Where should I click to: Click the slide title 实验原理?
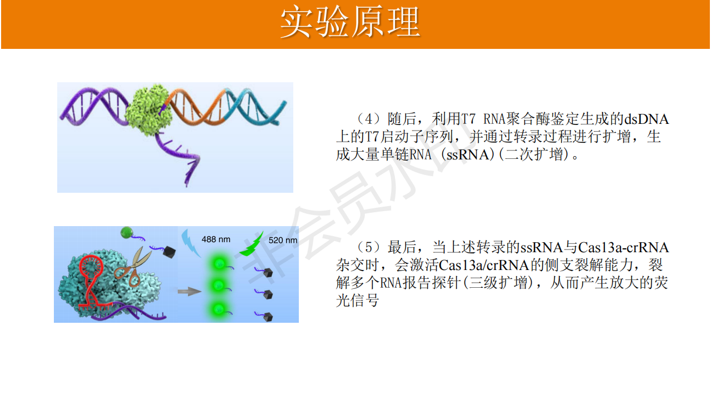tap(351, 22)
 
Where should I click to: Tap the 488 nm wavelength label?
tap(216, 239)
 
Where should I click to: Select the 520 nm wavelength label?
tap(283, 241)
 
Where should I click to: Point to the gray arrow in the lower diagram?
tap(189, 291)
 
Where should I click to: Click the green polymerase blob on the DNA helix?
tap(148, 109)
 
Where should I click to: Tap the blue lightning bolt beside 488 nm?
tap(191, 243)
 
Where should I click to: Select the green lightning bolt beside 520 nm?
tap(252, 244)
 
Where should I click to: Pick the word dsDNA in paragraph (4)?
tap(647, 119)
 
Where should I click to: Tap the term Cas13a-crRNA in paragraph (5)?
tap(623, 248)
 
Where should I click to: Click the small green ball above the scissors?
tap(127, 233)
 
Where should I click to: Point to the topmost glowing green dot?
tap(219, 263)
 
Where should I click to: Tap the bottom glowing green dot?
tap(218, 308)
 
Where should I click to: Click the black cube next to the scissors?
tap(169, 252)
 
